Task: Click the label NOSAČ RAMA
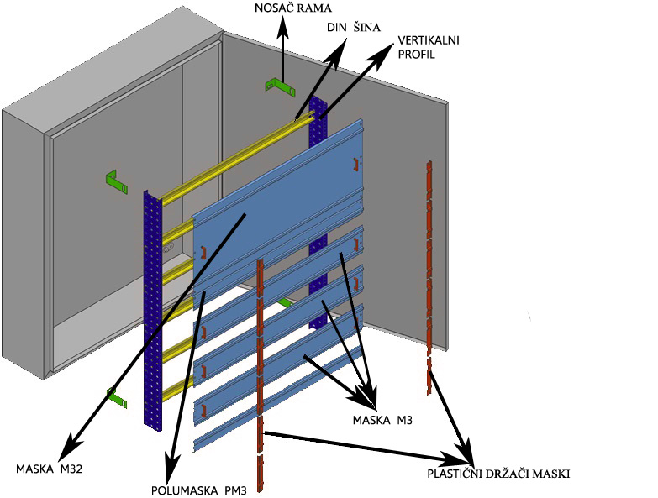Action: pos(289,9)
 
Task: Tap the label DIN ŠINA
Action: pos(353,27)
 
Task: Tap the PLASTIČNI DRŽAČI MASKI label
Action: pos(498,474)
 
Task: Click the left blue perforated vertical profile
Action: pos(152,311)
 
